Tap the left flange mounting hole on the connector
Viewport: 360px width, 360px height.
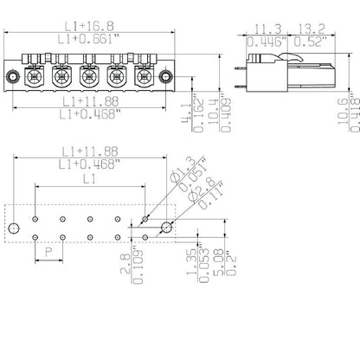[10, 79]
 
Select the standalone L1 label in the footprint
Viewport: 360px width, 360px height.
[87, 179]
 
